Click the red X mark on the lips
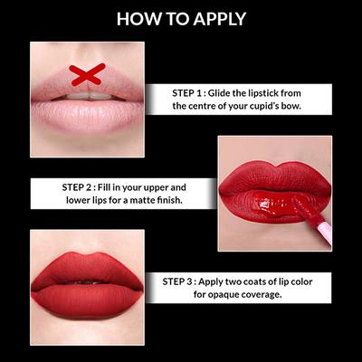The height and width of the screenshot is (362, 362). coord(86,75)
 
